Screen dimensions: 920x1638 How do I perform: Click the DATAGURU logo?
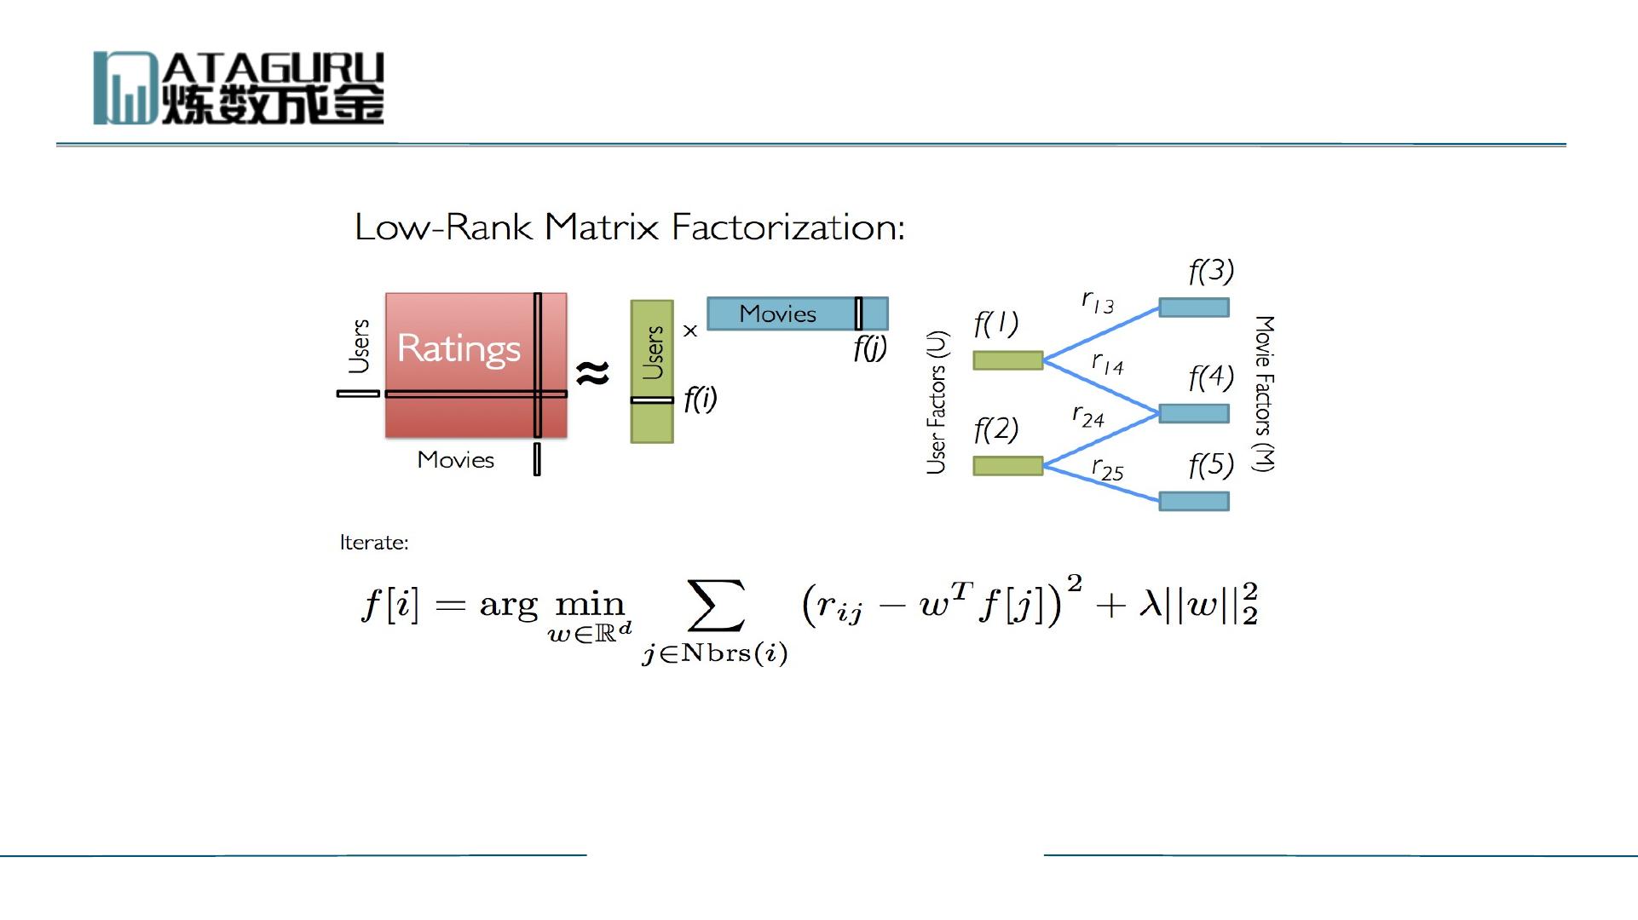(239, 88)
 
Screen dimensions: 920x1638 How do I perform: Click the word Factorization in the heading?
(787, 227)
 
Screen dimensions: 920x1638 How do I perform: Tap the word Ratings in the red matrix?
(459, 348)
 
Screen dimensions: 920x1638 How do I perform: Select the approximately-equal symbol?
(592, 372)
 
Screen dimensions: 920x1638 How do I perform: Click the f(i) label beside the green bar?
(700, 399)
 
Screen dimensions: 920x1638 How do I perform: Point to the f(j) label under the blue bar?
(869, 348)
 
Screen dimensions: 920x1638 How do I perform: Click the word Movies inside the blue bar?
(777, 314)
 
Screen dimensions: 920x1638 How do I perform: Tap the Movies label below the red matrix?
(456, 460)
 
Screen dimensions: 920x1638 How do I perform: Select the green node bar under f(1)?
(1008, 360)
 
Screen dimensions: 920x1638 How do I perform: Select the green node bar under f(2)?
(1008, 465)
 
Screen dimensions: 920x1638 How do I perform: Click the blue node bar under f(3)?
(1194, 307)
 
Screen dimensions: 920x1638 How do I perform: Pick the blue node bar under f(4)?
(1194, 414)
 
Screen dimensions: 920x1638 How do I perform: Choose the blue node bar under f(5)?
(1194, 501)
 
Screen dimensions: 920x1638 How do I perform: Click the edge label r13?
(1098, 302)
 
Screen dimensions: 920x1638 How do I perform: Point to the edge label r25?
(1107, 469)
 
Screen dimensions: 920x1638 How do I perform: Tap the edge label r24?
(1088, 417)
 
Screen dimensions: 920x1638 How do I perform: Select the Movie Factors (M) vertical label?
(1264, 394)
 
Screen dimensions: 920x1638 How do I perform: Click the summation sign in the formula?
(716, 605)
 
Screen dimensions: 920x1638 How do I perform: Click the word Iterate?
(374, 543)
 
